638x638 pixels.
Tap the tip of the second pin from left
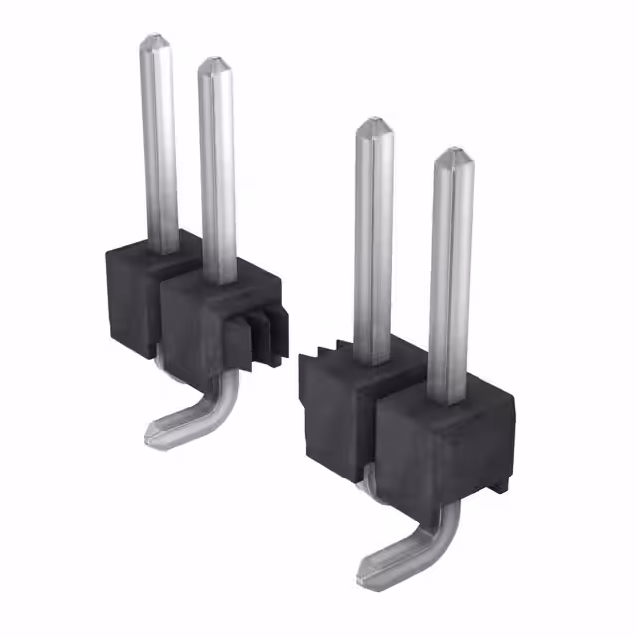[215, 65]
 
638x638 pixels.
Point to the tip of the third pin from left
[374, 124]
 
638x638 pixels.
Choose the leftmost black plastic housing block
[130, 294]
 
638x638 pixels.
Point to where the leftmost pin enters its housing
[160, 249]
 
